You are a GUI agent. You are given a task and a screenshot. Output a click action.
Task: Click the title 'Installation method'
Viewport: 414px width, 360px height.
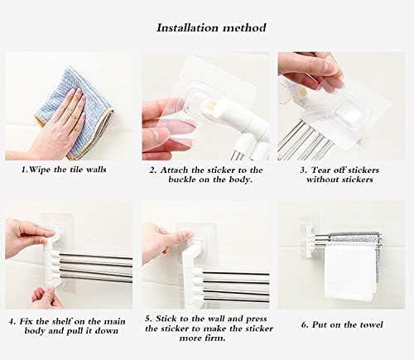[x=212, y=27]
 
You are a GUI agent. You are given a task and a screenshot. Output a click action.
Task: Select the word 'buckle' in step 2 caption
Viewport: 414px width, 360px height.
[x=173, y=180]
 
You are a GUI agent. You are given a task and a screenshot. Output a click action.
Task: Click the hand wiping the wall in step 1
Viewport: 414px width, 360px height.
[x=58, y=124]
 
